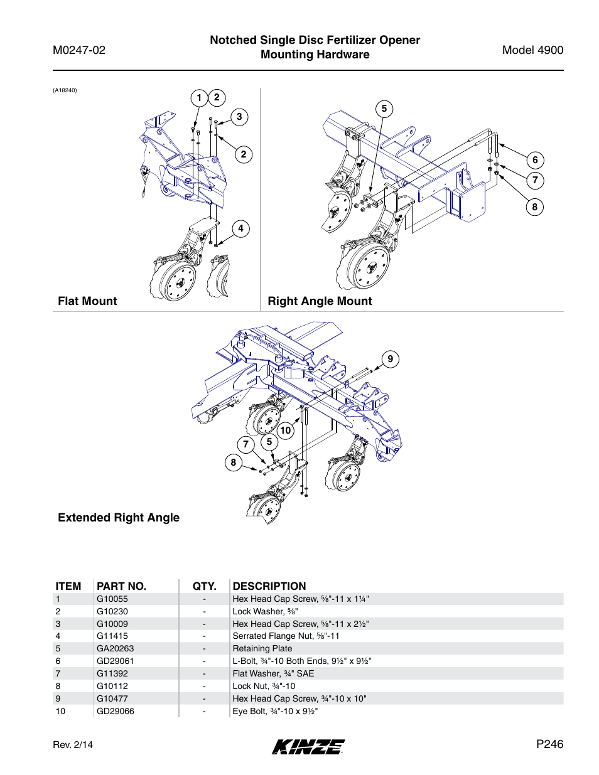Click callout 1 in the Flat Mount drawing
pos(199,97)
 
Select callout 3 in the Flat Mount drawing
pos(239,117)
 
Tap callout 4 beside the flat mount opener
pos(240,228)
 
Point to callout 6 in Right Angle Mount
pos(535,160)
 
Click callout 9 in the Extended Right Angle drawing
pos(390,359)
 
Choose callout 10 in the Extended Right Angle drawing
pos(286,430)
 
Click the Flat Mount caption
pos(87,301)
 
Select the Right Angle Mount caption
pos(320,301)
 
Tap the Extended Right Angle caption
pos(119,518)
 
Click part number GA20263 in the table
pos(115,648)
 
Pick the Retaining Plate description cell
pos(262,648)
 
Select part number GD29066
pos(115,711)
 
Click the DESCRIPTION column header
pos(269,586)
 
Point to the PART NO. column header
pos(121,586)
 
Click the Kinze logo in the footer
pos(308,746)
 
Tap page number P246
pos(549,744)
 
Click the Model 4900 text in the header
pos(532,50)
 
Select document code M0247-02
pos(79,50)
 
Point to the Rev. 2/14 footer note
pos(73,745)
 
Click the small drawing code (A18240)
pos(65,90)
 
